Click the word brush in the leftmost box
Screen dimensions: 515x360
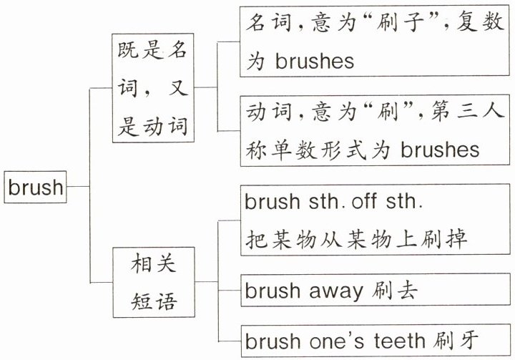point(36,188)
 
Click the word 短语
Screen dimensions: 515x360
point(154,301)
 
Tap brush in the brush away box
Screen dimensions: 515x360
point(273,291)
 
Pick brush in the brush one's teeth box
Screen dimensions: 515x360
point(273,340)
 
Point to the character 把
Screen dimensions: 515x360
point(255,238)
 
